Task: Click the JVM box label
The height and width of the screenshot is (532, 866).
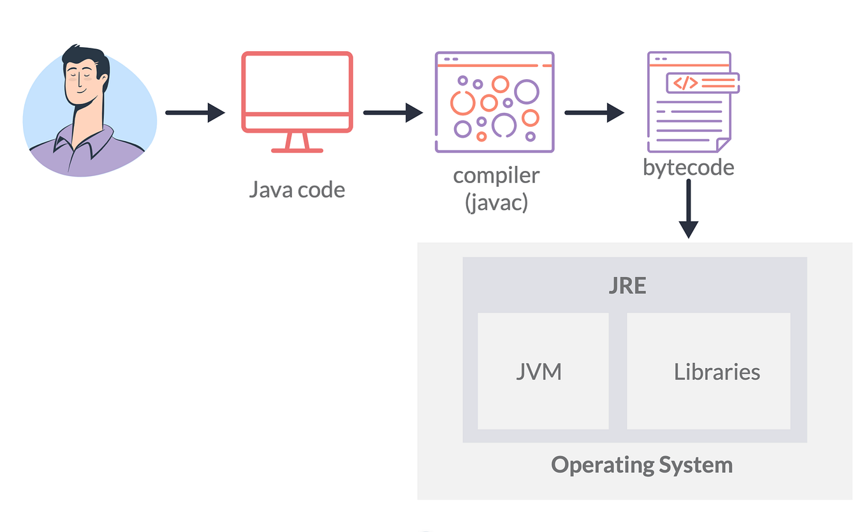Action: tap(539, 372)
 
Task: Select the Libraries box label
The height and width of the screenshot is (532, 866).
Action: tap(717, 372)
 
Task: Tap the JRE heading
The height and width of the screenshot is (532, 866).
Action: tap(627, 286)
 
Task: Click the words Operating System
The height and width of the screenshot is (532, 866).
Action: tap(642, 464)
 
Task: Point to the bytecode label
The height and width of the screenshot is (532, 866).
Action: tap(688, 167)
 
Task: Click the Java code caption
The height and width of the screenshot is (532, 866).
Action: tap(297, 189)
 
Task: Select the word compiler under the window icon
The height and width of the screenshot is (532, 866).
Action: tap(496, 175)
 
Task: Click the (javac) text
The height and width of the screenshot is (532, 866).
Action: tap(496, 203)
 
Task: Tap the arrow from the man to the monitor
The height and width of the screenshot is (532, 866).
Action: tap(194, 113)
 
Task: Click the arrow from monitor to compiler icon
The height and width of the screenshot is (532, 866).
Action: tap(393, 113)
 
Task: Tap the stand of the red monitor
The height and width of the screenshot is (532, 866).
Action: tap(297, 143)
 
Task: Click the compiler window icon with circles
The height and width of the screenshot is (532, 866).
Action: tap(494, 102)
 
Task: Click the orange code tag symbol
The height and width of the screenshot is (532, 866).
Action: tap(686, 83)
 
